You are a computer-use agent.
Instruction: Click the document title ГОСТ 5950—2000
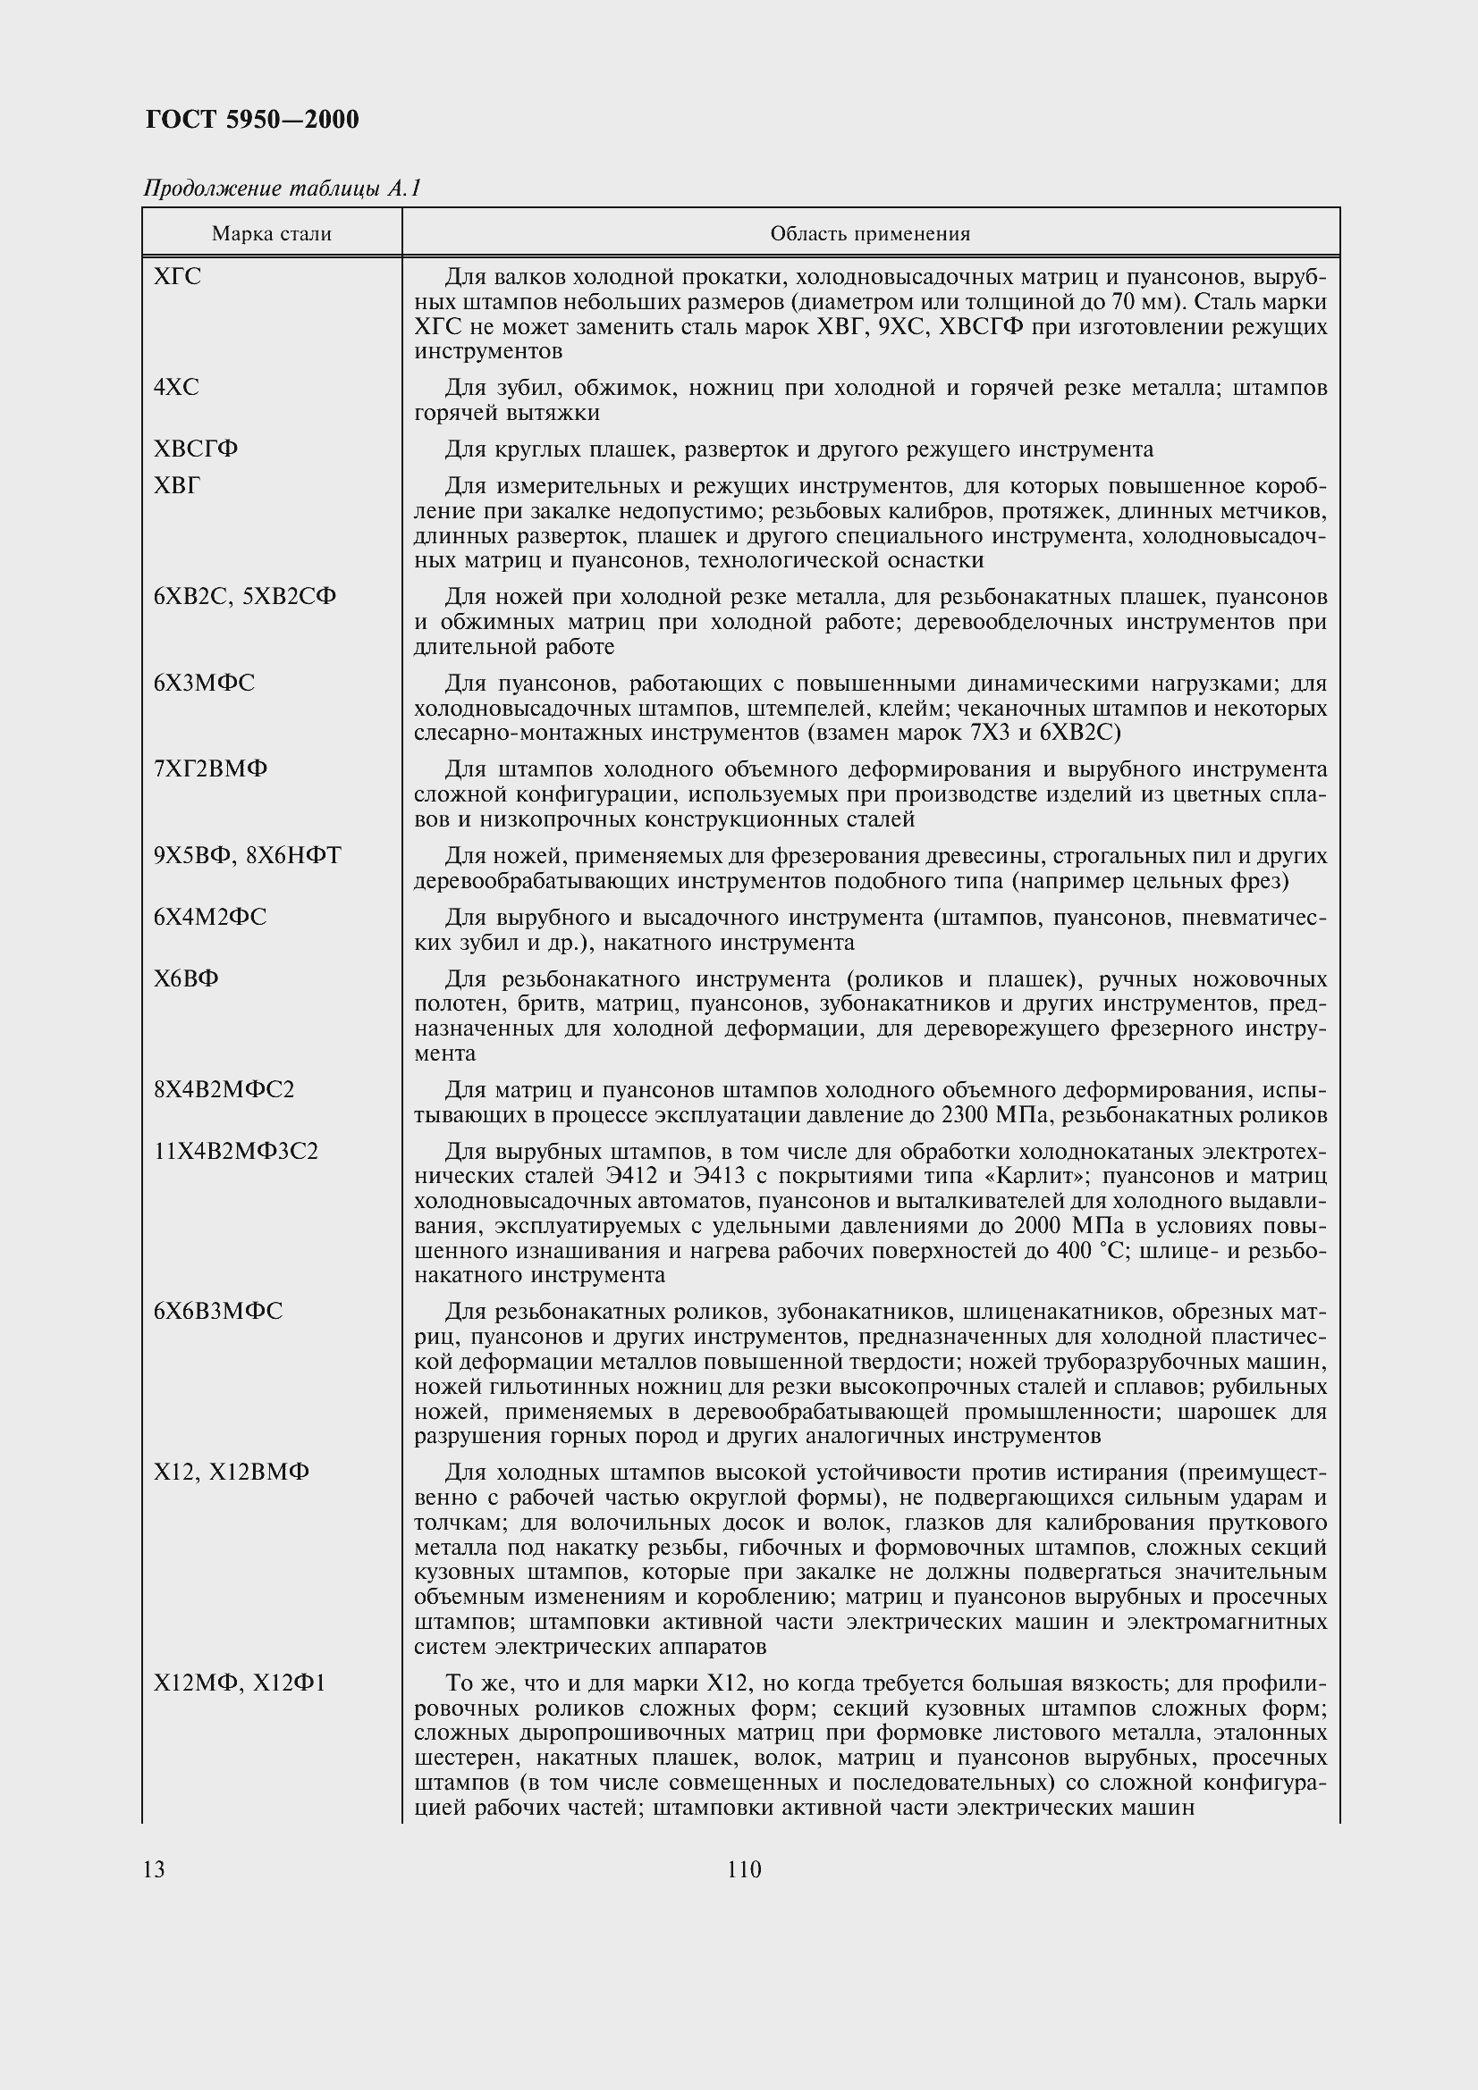point(251,119)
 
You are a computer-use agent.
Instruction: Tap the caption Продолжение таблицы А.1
point(282,189)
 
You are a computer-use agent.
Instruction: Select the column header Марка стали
point(272,234)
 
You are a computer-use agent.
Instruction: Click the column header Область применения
point(870,234)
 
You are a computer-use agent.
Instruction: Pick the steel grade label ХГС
point(178,277)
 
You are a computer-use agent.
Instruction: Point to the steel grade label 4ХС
point(176,388)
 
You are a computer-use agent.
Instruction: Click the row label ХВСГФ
point(196,449)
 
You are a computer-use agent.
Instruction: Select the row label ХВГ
point(177,486)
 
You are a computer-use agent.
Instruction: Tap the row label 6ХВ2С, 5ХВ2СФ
point(245,597)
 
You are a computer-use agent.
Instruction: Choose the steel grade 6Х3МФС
point(204,683)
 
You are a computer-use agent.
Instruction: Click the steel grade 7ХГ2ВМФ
point(210,769)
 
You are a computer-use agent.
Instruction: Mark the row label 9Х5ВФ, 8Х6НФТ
point(247,856)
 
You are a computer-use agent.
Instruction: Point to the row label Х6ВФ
point(186,978)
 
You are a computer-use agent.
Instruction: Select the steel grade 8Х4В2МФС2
point(224,1089)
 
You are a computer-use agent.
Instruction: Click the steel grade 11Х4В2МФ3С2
point(236,1152)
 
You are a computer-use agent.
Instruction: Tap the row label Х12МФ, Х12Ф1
point(239,1683)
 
